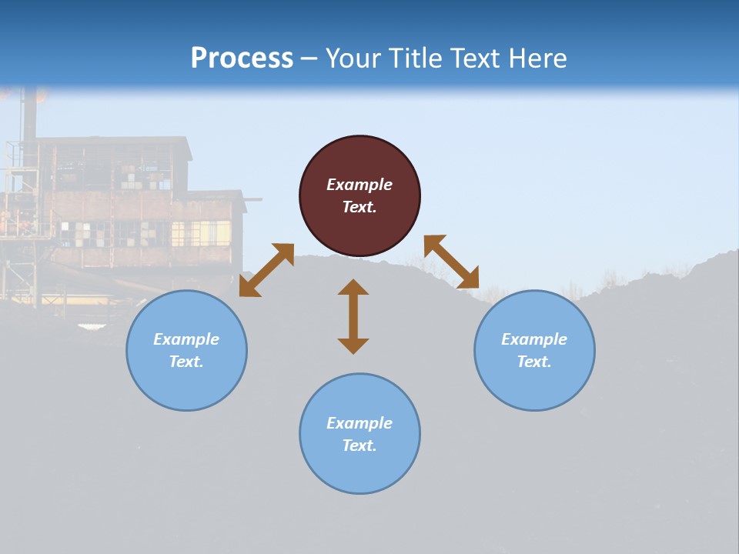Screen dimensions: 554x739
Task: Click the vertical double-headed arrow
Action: pos(353,316)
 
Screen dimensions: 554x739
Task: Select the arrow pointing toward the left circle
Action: pos(266,270)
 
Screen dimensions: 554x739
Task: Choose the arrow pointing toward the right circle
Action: pos(452,262)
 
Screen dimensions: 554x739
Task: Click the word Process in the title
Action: pos(242,58)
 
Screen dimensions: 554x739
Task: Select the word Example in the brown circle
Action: pos(359,185)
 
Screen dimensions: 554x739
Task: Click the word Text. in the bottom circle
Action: pos(359,446)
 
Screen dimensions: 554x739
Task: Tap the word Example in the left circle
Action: pos(186,339)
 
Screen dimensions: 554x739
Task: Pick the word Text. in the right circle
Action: pos(534,362)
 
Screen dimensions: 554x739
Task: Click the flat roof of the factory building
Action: pos(112,140)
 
